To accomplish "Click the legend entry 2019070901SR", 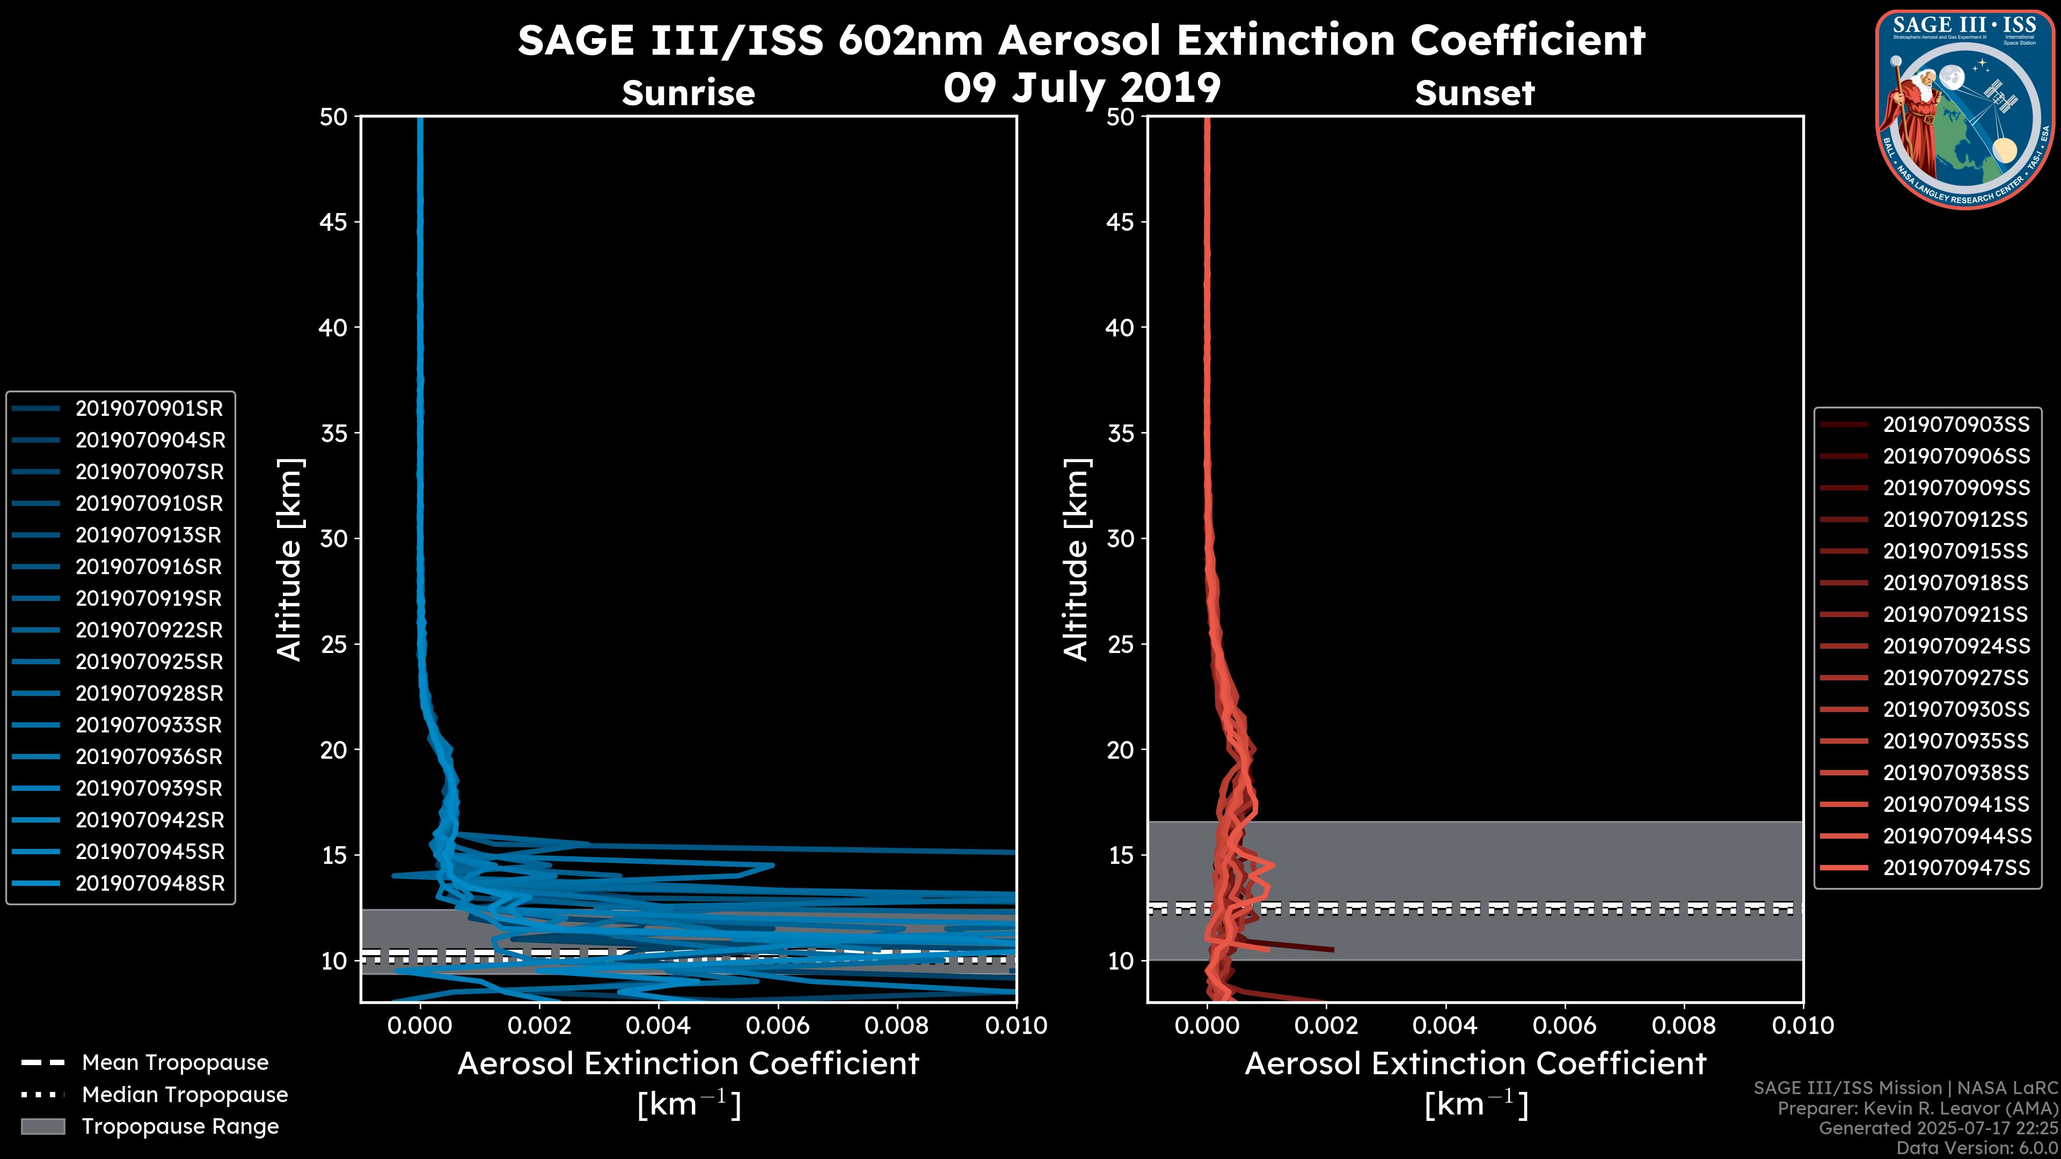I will click(x=149, y=409).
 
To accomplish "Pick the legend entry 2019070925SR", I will click(x=149, y=662).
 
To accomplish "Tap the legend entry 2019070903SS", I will click(x=1956, y=425).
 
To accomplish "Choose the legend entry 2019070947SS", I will click(x=1956, y=868).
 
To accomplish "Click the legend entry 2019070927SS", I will click(x=1956, y=678).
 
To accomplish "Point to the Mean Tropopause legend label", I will click(x=175, y=1063).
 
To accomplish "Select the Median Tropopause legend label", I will click(x=185, y=1095).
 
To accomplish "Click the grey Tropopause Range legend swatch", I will click(x=42, y=1127).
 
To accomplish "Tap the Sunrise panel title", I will click(x=688, y=93).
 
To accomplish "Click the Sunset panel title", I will click(x=1474, y=93).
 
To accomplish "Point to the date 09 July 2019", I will click(x=1081, y=88).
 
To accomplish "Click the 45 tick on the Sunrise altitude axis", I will click(x=334, y=222).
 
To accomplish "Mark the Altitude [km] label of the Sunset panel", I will click(x=1077, y=560).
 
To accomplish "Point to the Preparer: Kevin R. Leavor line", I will click(x=1918, y=1109).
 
